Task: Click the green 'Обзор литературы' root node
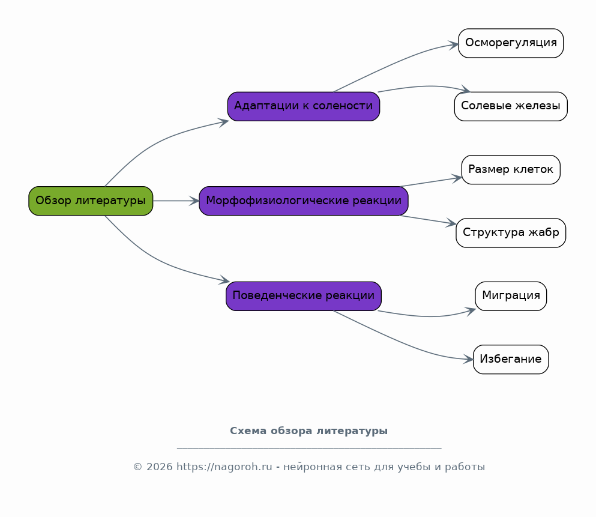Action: [91, 201]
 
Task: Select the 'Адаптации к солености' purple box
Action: [304, 106]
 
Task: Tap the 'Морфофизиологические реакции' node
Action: [304, 201]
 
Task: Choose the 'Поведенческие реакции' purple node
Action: [304, 296]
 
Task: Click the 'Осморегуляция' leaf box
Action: [511, 43]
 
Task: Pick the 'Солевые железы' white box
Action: [511, 106]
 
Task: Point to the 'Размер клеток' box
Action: [511, 169]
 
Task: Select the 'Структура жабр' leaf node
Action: [511, 233]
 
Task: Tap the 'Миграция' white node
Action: [511, 296]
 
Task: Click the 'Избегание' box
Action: [511, 359]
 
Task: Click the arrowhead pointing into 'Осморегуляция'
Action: [454, 45]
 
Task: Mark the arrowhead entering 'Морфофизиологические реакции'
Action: [194, 201]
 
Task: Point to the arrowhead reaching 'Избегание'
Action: [468, 359]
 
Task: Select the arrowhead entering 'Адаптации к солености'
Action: [223, 122]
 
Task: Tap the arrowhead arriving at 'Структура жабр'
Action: [451, 223]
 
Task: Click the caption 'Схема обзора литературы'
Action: [309, 431]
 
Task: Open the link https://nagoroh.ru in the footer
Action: [224, 467]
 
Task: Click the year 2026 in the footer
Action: [159, 467]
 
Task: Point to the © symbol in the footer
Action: [137, 467]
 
